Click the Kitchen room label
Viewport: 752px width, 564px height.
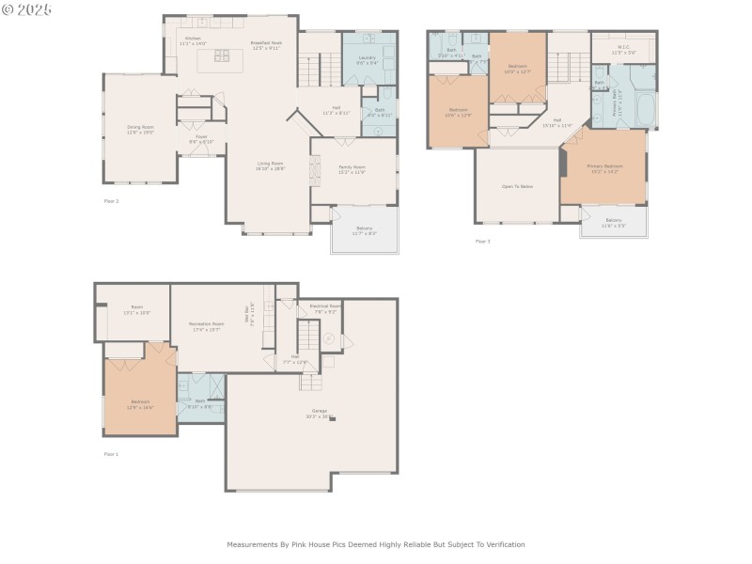click(x=192, y=39)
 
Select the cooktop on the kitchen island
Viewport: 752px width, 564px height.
click(x=221, y=55)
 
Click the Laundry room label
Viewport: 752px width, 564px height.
click(x=367, y=57)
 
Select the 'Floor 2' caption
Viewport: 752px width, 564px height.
click(x=111, y=201)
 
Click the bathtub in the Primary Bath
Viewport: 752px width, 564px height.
click(x=645, y=110)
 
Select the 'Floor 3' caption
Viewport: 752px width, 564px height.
click(x=482, y=242)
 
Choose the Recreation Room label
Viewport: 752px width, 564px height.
click(x=206, y=323)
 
